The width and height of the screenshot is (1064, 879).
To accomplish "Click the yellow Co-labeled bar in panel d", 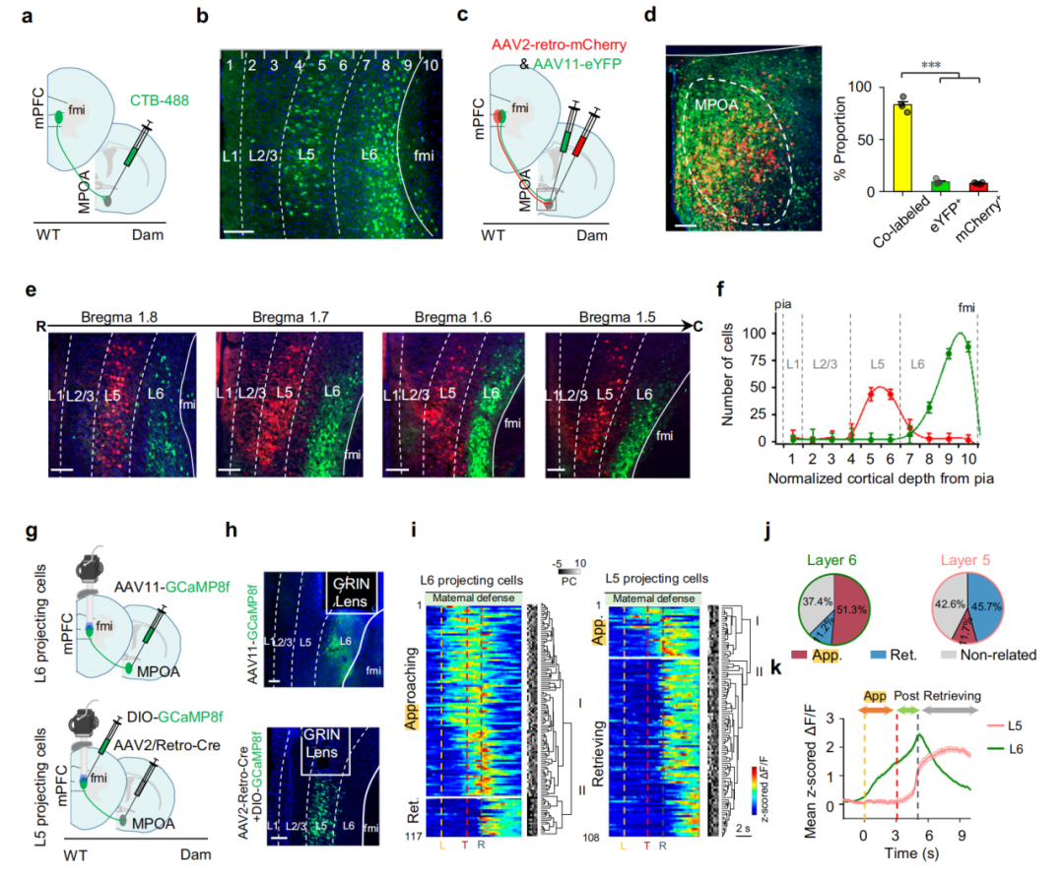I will (x=902, y=148).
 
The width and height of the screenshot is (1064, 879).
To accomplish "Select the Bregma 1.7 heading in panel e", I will (x=290, y=317).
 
